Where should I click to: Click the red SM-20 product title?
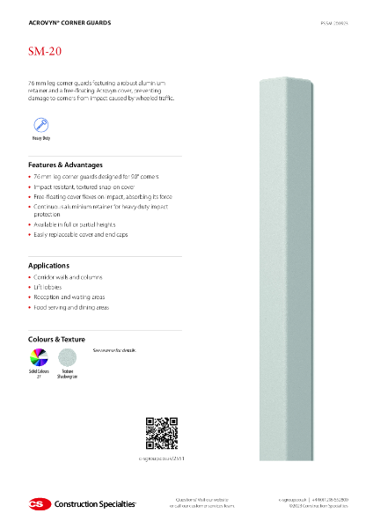(x=46, y=53)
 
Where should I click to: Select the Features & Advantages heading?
(x=66, y=165)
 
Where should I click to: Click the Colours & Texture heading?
(x=62, y=338)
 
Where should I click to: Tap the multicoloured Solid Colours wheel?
(x=40, y=357)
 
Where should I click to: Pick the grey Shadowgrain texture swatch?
(x=68, y=357)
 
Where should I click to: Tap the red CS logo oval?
(x=39, y=503)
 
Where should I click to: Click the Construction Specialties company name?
(x=95, y=504)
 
